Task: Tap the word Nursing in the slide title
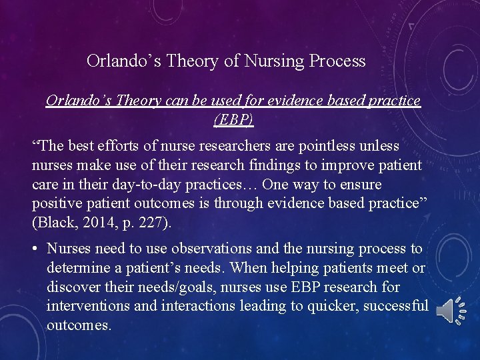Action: [275, 61]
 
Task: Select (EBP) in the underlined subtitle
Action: [233, 120]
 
